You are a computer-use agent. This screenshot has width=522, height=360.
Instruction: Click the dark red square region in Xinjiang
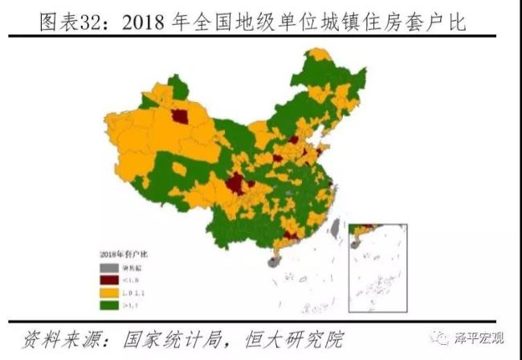click(x=182, y=117)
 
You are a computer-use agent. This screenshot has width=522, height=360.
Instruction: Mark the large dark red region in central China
click(x=235, y=186)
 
